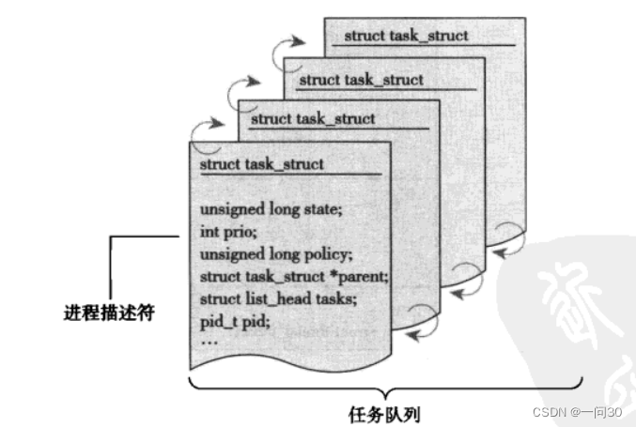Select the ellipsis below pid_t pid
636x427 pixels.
point(209,341)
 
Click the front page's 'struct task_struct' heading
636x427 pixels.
point(261,164)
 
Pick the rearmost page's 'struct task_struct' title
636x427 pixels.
point(406,37)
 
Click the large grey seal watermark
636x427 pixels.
point(573,310)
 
